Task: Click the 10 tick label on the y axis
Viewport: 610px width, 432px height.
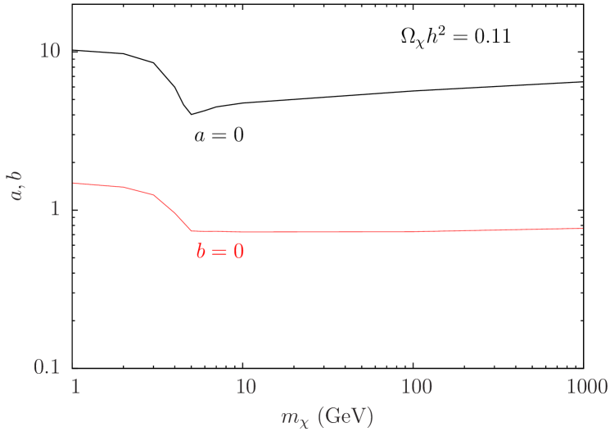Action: [x=50, y=51]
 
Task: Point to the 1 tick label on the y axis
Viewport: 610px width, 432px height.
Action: [x=56, y=209]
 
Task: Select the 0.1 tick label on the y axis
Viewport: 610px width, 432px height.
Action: [x=47, y=366]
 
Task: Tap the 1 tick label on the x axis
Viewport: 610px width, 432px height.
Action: [x=75, y=386]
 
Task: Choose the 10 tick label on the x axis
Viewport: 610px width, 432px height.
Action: [x=246, y=386]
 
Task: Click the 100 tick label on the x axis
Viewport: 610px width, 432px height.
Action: [x=417, y=386]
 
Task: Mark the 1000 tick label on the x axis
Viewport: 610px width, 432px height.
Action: [x=585, y=386]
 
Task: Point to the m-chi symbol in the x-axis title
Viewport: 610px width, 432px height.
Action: [x=292, y=417]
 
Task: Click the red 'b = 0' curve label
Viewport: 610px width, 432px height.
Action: [x=219, y=252]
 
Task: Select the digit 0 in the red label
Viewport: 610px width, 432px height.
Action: [x=238, y=252]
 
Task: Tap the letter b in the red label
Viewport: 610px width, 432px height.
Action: [x=201, y=252]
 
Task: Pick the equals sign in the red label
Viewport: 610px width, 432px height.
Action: [x=219, y=252]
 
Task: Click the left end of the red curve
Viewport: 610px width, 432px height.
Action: [x=75, y=183]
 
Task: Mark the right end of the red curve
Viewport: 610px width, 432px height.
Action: [x=582, y=228]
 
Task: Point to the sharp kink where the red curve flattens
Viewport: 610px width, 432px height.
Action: [x=192, y=230]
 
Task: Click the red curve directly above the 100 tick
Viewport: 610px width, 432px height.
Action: [x=417, y=231]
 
